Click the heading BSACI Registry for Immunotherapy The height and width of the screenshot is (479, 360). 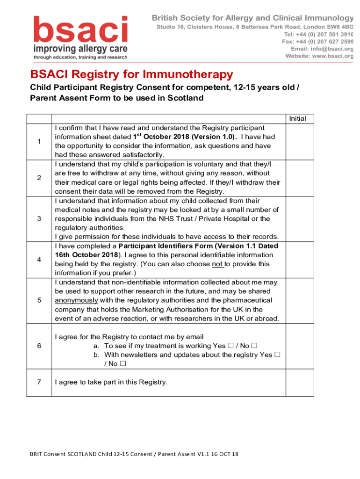point(131,74)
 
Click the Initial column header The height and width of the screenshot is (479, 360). point(298,118)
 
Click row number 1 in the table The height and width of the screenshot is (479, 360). point(39,141)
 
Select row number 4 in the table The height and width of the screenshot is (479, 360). point(39,260)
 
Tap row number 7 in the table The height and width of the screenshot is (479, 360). point(39,382)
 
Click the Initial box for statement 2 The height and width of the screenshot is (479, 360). point(299,178)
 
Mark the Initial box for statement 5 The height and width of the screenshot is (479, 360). point(299,300)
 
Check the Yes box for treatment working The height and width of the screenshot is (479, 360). point(230,346)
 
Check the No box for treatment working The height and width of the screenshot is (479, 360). point(254,346)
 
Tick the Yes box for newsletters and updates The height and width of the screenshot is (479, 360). point(277,355)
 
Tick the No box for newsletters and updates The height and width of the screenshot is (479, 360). point(122,364)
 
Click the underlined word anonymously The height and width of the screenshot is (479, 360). point(76,300)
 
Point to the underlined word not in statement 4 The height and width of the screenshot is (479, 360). point(217,264)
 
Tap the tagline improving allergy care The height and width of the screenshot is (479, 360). point(80,49)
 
